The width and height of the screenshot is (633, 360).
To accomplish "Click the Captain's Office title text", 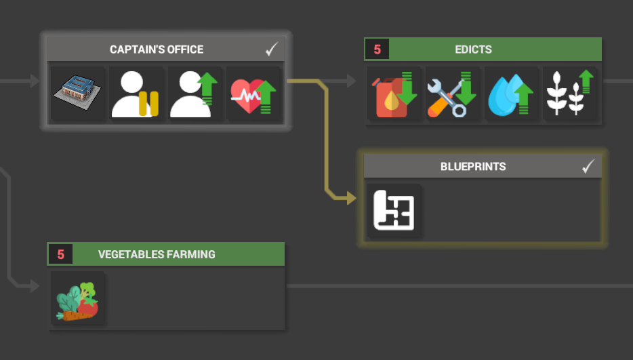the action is pos(157,49).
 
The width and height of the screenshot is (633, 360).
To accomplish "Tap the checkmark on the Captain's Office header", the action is pos(272,49).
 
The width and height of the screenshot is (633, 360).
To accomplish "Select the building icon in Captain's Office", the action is pos(77,93).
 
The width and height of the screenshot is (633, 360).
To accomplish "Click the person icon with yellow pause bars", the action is pos(135,94).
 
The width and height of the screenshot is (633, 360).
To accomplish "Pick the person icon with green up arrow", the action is pos(194,94).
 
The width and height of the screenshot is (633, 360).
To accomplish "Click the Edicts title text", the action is pos(473,49).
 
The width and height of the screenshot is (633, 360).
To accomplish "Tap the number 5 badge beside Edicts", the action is pos(377,49).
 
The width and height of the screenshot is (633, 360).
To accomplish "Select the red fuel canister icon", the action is pos(394,94).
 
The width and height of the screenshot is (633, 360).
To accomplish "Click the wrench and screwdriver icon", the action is pos(452,94).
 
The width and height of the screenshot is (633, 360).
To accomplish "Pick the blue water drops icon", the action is pos(511,95).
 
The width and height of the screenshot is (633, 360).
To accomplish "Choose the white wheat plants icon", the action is pos(569,93).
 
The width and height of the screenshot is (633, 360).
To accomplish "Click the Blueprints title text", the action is pos(473,167).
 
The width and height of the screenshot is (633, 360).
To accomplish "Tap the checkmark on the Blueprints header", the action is pos(588,166).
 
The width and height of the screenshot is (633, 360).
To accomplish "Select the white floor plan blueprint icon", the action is pos(394,210).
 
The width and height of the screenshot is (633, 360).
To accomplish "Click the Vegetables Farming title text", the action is pos(157,254).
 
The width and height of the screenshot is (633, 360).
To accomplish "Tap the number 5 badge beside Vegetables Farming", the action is pos(60,254).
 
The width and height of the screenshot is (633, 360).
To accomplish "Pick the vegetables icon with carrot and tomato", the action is pos(77,302).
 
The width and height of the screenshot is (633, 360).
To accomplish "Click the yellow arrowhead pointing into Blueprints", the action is pos(351,199).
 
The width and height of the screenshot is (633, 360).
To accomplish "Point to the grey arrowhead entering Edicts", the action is pos(351,81).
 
